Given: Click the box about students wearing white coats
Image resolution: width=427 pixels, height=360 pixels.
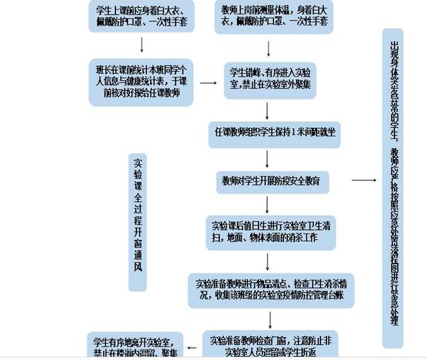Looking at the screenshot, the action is coord(142,16).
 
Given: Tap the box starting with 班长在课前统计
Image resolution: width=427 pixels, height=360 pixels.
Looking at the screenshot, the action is coord(142,82).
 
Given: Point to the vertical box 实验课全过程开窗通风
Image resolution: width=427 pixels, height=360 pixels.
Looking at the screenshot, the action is coord(138,222).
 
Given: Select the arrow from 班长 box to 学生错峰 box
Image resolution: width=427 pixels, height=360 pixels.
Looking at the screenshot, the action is coord(208,83).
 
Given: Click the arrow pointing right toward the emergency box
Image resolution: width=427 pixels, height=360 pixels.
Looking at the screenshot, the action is coord(364,180).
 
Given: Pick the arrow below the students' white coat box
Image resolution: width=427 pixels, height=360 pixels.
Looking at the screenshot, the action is coord(142,44).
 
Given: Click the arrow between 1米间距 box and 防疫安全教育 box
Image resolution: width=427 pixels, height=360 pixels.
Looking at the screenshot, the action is coord(268,158).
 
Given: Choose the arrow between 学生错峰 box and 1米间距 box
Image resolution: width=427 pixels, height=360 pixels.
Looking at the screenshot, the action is coord(268,111).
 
